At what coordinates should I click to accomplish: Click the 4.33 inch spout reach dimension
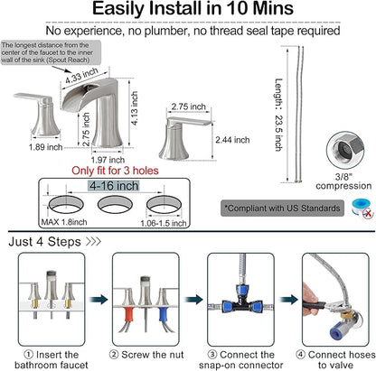(x=81, y=76)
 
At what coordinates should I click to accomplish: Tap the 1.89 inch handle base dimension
(x=45, y=147)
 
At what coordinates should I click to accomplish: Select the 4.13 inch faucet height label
(x=134, y=108)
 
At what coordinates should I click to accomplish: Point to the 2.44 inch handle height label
(x=232, y=140)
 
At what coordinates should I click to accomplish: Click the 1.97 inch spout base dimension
(x=108, y=160)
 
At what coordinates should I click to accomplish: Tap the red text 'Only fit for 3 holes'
(x=115, y=171)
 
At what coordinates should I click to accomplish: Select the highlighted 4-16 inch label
(x=114, y=186)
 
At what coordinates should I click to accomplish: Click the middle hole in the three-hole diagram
(x=115, y=205)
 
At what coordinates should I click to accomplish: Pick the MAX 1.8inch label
(x=64, y=222)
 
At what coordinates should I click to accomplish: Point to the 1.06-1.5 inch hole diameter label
(x=164, y=223)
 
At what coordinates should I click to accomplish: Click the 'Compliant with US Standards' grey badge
(x=282, y=209)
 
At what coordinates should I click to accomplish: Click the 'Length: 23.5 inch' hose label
(x=278, y=115)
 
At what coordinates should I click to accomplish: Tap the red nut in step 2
(x=130, y=315)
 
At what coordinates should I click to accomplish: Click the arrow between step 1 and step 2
(x=99, y=300)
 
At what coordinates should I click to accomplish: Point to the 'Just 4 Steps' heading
(x=44, y=242)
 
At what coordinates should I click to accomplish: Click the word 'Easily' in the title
(x=118, y=9)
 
